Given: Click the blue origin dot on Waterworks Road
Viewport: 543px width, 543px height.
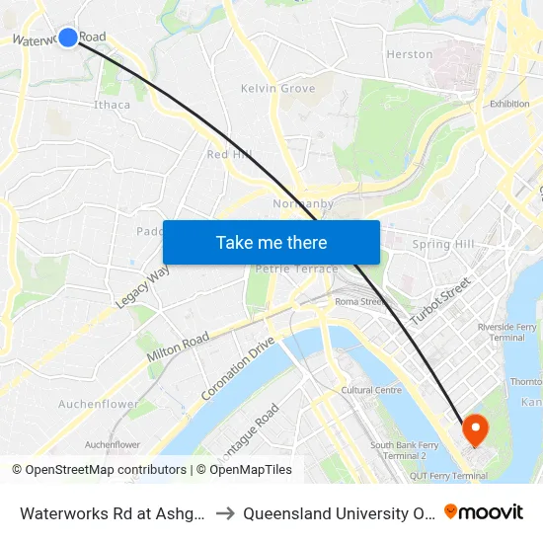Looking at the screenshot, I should point(67,38).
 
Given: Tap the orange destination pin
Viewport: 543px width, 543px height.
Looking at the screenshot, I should point(475,429).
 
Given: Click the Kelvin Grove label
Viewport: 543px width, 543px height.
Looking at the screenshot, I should point(278,89).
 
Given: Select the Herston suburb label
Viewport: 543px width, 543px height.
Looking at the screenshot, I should point(410,54).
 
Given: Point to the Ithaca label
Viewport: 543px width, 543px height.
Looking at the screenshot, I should point(112,105).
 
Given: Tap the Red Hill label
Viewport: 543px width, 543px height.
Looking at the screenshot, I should point(230,155).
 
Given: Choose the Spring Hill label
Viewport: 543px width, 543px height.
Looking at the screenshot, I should point(443,244).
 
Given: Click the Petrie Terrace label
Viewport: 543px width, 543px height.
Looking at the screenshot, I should point(296,269).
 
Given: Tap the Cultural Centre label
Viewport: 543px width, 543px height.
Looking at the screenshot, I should point(371,390).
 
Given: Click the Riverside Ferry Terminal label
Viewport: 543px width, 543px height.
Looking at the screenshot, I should point(507,331).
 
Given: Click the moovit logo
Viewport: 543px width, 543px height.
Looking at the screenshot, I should point(483,512).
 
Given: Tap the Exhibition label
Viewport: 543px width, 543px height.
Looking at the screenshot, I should point(509,103).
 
